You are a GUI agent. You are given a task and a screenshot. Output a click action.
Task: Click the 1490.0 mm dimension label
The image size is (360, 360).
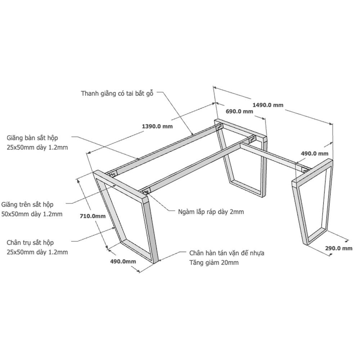268,105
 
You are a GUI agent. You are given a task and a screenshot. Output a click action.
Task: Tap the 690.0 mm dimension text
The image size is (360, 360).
239,111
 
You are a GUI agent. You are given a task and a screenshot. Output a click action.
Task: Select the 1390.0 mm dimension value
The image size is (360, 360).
157,126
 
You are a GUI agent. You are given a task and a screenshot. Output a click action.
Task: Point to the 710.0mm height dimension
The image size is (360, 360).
93,216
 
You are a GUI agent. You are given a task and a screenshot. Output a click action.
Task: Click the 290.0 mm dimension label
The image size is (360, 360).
339,248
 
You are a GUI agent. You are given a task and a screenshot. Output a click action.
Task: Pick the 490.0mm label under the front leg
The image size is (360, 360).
123,261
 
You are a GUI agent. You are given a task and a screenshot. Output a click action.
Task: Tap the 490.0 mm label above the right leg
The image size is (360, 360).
315,154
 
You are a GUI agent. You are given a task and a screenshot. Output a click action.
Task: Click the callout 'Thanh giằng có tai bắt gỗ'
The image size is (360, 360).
117,94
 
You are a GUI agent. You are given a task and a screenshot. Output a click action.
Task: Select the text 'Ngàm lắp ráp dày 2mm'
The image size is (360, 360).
211,212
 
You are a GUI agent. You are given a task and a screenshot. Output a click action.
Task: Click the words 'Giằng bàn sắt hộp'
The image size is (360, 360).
32,138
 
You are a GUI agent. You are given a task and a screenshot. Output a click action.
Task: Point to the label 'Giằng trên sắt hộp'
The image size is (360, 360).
27,204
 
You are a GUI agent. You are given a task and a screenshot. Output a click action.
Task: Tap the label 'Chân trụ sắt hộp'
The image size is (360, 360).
30,243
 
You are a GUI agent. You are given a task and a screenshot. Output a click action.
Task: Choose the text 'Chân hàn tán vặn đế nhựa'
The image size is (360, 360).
227,253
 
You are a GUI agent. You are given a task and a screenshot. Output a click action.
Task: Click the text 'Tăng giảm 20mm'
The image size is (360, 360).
214,262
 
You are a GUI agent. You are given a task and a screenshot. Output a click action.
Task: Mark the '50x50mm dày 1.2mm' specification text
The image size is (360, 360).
32,214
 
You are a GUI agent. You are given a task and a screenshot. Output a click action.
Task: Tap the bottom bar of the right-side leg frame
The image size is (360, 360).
316,235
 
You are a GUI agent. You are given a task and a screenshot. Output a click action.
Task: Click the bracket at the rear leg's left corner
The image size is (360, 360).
220,127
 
